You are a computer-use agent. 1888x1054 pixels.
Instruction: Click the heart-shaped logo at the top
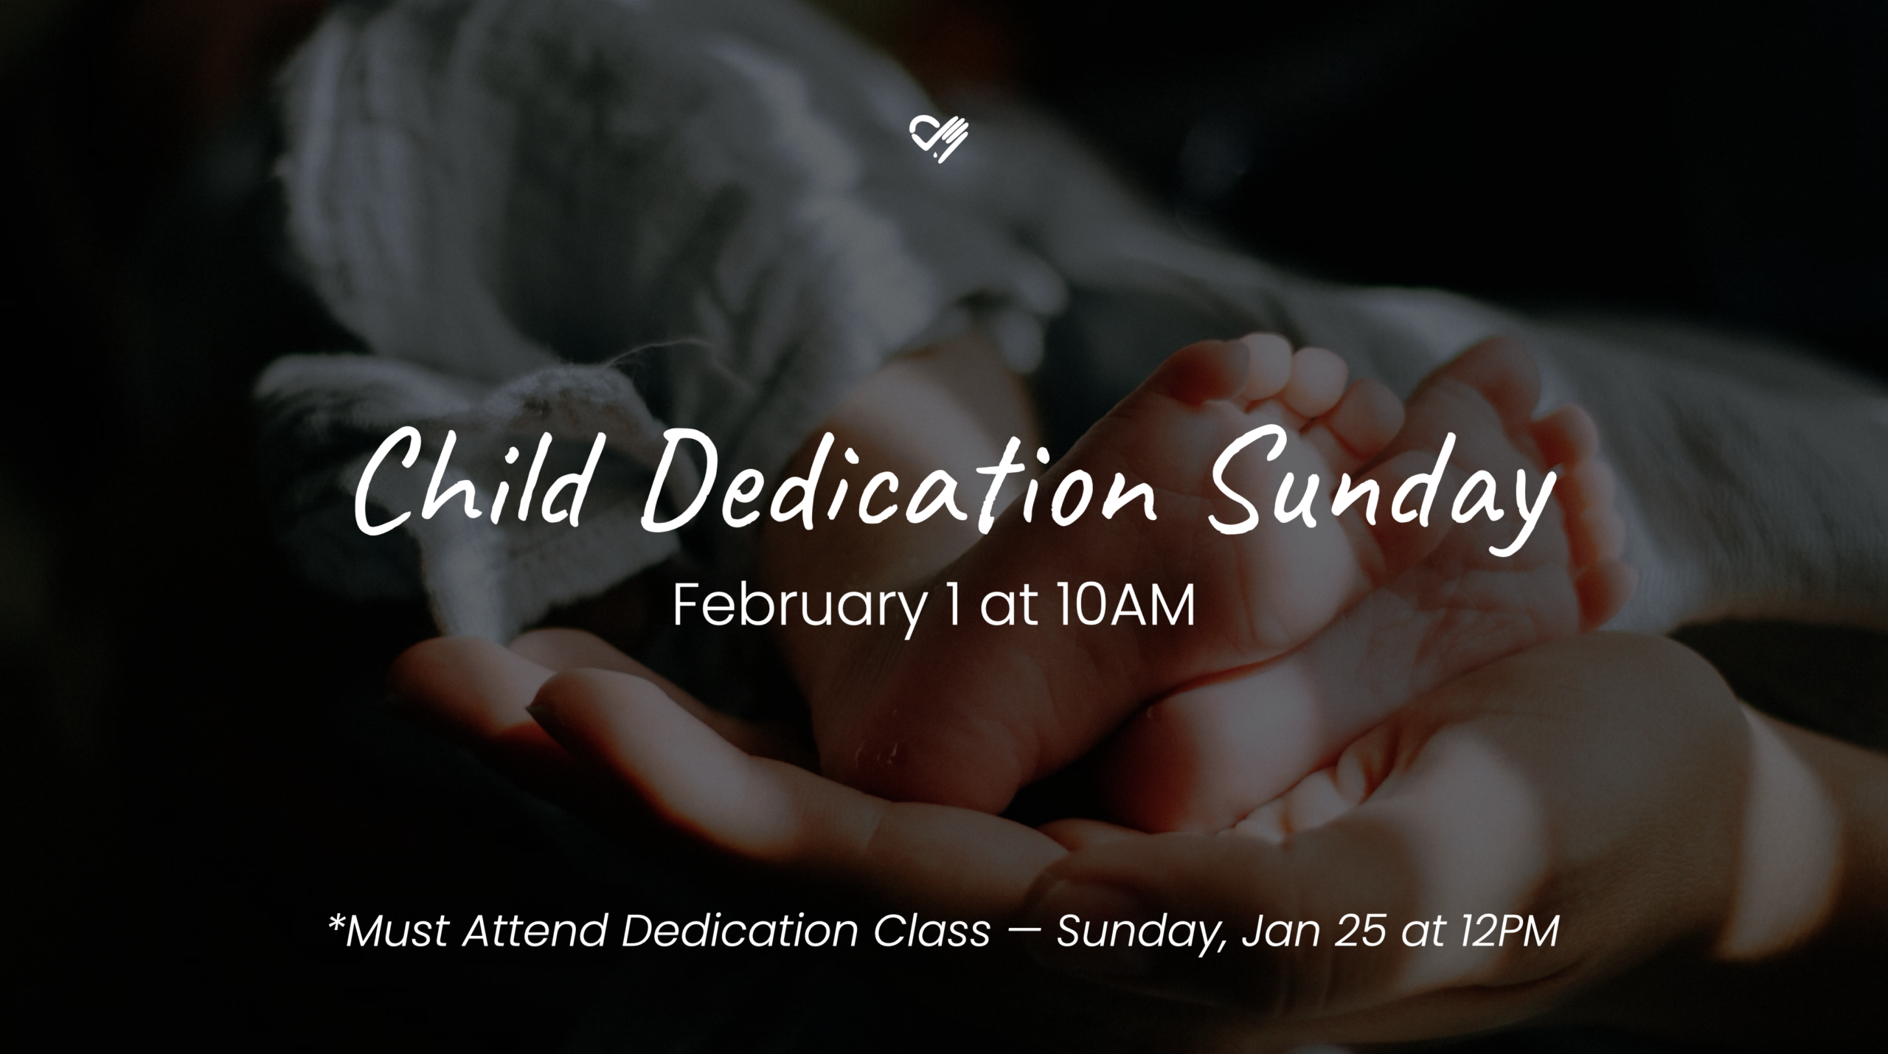[938, 139]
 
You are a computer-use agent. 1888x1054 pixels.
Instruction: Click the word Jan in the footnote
[1276, 931]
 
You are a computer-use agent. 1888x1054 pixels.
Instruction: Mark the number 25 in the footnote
[1352, 931]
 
